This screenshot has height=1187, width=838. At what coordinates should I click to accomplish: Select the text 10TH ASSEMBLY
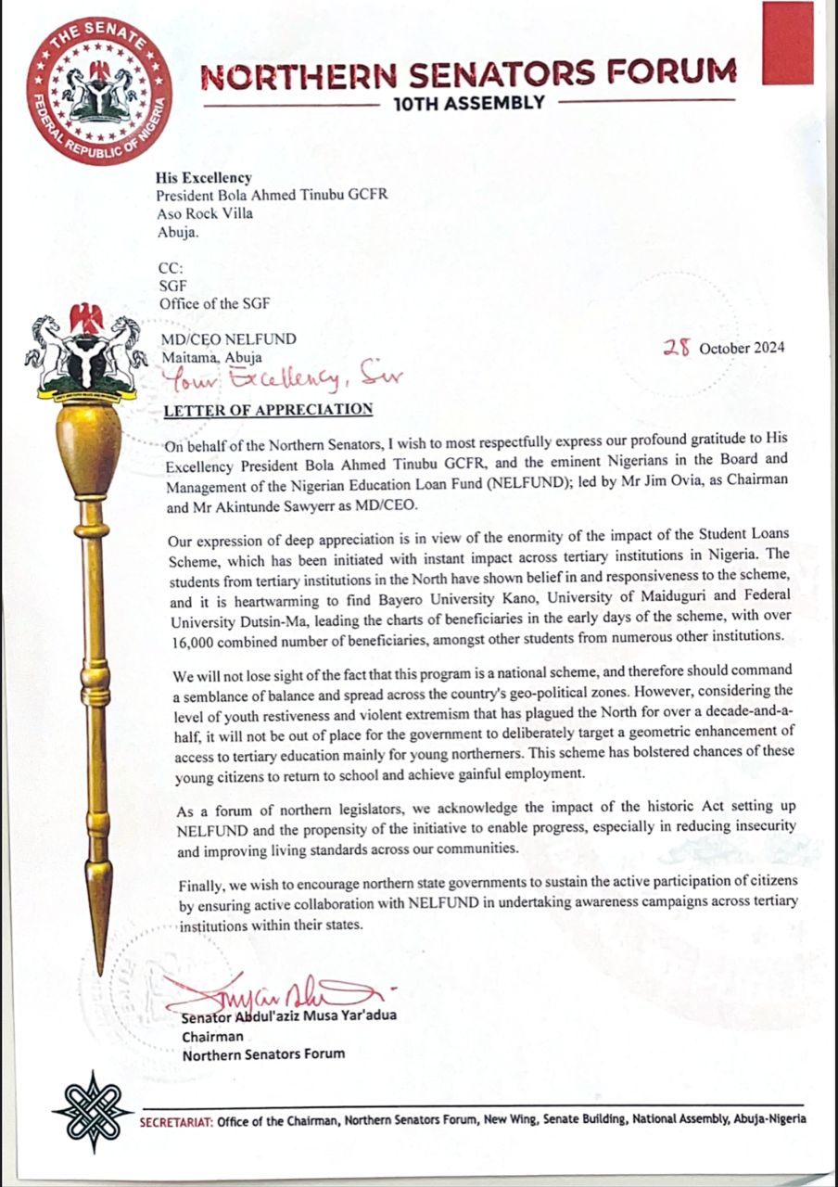coord(469,103)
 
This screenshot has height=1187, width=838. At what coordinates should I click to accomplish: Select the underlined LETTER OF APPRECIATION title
coord(268,409)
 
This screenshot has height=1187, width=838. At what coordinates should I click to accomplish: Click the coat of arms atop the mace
coord(86,357)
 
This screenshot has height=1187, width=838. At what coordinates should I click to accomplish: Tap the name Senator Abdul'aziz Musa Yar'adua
coord(289,1015)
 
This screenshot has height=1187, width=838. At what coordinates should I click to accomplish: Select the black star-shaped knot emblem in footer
coord(92,1111)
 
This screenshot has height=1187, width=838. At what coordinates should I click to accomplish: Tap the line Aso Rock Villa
coord(205,212)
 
